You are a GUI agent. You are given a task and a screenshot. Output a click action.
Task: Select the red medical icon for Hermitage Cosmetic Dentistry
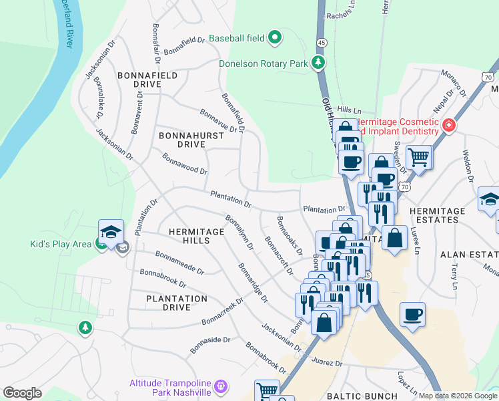[x=449, y=125]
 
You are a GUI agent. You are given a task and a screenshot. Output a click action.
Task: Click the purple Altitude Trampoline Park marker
[x=222, y=386]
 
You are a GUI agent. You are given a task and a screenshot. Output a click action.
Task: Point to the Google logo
[x=22, y=393]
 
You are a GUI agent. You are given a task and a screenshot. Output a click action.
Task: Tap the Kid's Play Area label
[x=60, y=244]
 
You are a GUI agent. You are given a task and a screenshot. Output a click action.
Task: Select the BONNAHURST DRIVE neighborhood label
[x=181, y=140]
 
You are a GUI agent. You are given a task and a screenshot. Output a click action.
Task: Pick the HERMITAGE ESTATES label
[x=438, y=216]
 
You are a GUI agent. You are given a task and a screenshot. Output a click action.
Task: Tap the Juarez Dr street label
[x=326, y=364]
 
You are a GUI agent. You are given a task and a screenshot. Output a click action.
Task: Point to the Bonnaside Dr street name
[x=210, y=344]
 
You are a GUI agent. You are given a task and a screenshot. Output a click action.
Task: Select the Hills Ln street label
[x=349, y=110]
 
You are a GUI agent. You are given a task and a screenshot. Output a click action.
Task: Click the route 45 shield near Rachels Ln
[x=322, y=42]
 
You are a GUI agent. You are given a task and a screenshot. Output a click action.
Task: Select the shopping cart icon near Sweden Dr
[x=418, y=158]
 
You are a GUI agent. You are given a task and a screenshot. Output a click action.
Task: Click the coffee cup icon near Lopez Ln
[x=412, y=313]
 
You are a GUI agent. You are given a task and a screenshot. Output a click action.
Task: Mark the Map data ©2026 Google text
[x=457, y=396]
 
